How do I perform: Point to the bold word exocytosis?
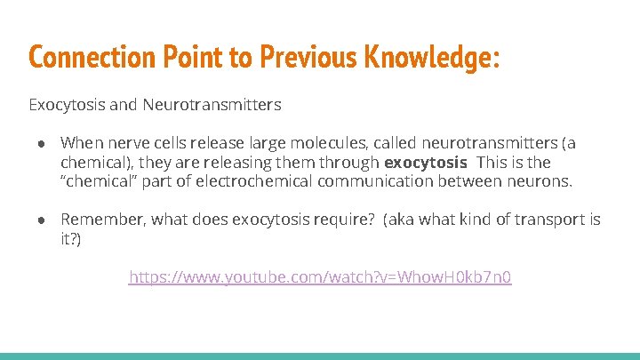[425, 163]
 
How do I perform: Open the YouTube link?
[320, 277]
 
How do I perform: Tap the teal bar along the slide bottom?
[320, 356]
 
